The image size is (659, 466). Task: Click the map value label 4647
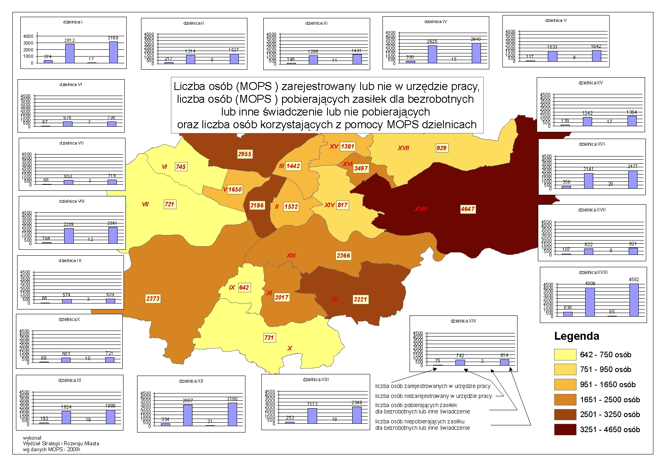(468, 209)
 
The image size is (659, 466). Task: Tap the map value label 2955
(245, 154)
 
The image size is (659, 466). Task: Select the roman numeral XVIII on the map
(421, 209)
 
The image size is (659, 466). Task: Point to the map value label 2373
(153, 298)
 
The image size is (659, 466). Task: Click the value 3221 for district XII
(360, 300)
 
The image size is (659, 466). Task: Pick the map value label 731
(269, 338)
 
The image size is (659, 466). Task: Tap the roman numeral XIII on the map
(291, 255)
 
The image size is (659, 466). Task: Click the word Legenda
(577, 336)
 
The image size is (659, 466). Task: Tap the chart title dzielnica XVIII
(593, 272)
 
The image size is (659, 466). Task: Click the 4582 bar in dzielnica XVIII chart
(634, 300)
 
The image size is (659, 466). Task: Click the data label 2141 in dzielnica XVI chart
(588, 169)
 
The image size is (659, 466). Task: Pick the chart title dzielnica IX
(70, 260)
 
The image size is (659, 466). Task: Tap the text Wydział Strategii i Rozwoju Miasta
(61, 443)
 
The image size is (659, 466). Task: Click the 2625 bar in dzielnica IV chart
(432, 54)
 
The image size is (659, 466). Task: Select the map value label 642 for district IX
(244, 288)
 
